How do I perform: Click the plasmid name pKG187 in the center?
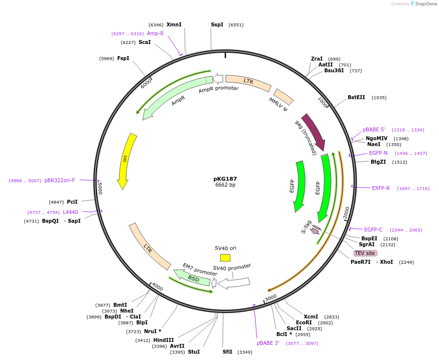click(x=225, y=179)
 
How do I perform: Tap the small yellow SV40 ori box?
click(x=225, y=257)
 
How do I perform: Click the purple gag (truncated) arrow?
click(x=314, y=131)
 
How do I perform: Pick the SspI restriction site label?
click(x=217, y=24)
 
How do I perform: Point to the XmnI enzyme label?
click(x=174, y=24)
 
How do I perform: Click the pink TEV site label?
click(x=365, y=253)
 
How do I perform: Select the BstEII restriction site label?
click(x=356, y=97)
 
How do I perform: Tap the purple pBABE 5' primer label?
click(x=374, y=129)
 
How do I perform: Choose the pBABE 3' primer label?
click(x=268, y=343)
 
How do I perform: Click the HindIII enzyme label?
click(x=164, y=340)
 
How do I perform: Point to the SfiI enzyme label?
click(x=228, y=352)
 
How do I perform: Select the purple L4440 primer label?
click(x=70, y=212)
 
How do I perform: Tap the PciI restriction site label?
click(x=72, y=202)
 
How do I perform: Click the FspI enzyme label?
click(x=123, y=59)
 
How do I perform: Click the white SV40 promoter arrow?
click(x=234, y=282)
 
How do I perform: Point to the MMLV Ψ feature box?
click(x=284, y=97)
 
